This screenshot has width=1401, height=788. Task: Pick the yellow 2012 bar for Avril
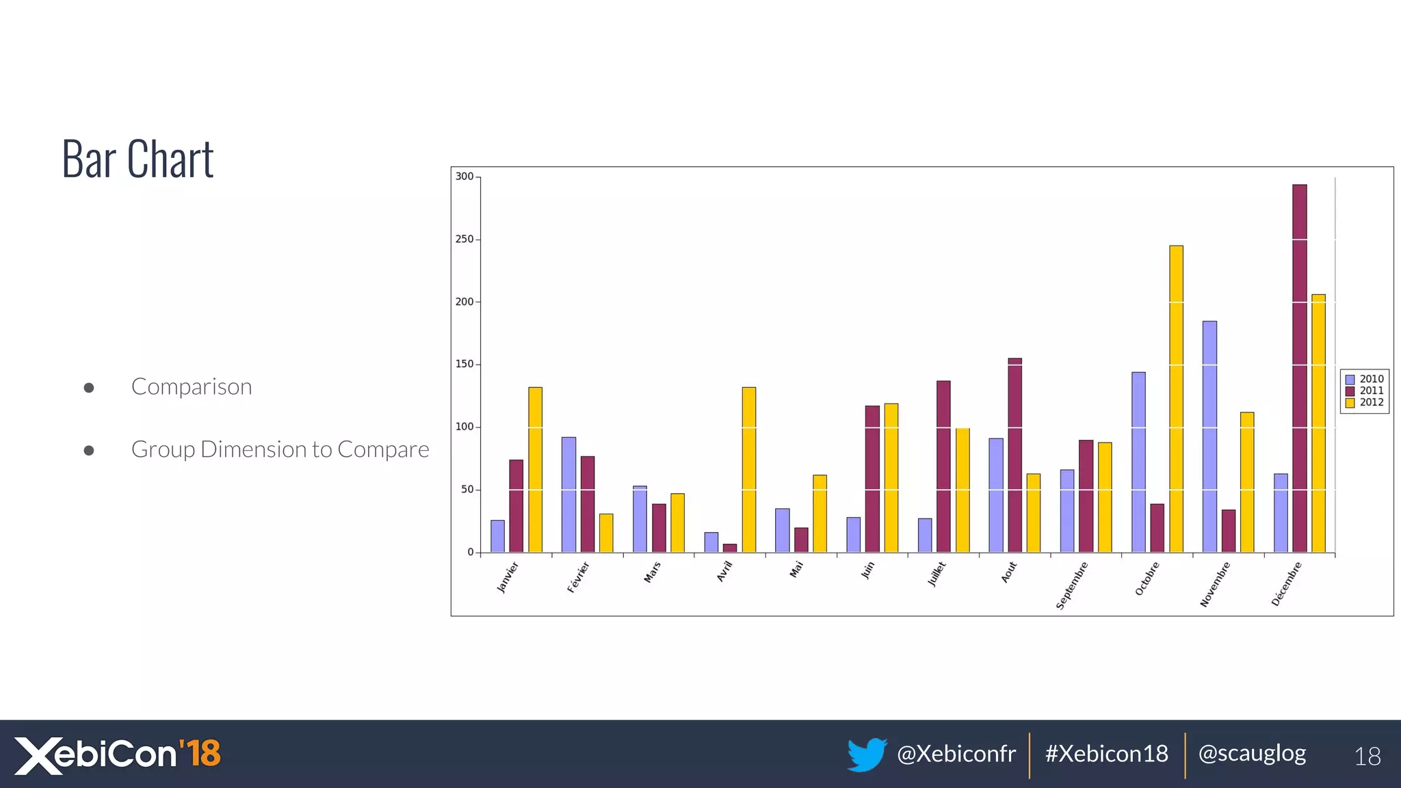coord(749,470)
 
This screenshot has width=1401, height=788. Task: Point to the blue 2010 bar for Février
coord(568,495)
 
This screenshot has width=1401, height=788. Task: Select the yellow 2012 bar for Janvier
coord(535,470)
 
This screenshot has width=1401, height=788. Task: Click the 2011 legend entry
coord(1365,391)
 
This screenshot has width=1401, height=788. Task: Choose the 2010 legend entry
coord(1365,379)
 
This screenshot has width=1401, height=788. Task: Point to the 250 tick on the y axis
coord(465,239)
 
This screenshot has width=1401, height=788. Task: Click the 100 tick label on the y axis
coord(465,427)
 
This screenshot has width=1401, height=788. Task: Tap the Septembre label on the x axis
coord(1072,586)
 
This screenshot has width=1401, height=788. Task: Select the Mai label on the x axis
coord(796,569)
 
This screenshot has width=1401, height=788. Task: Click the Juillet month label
coord(937,574)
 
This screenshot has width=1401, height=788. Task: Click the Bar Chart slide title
coord(138,159)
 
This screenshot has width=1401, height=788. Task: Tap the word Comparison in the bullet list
coord(192,386)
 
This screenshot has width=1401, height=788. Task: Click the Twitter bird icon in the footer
coord(866,754)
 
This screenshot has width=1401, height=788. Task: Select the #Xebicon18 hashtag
coord(1106,754)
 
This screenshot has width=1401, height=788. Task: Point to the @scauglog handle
coord(1252,753)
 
